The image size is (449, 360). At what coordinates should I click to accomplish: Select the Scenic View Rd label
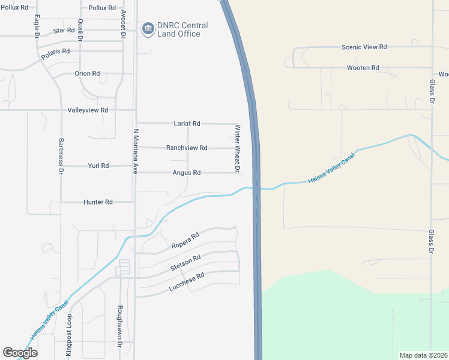coord(364,46)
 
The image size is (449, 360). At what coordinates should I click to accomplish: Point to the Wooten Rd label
coord(363,68)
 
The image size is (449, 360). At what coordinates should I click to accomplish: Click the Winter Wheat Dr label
coord(238,149)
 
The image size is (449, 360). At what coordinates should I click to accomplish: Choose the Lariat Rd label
coord(186,123)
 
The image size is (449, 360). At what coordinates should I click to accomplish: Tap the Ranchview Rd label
coord(187,148)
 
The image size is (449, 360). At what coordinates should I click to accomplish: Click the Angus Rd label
coord(186,173)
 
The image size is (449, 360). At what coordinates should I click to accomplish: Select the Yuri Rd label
coord(98,166)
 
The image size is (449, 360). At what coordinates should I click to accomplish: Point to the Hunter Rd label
coord(98,202)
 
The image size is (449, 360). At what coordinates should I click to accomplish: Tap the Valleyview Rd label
coord(88,110)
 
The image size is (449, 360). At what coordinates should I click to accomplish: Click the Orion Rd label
coord(87,73)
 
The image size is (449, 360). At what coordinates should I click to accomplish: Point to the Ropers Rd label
coord(185,241)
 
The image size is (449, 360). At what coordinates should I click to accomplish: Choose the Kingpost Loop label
coord(69,337)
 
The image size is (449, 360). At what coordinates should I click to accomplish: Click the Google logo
coord(20,353)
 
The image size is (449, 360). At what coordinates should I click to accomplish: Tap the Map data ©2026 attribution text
coord(423,355)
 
